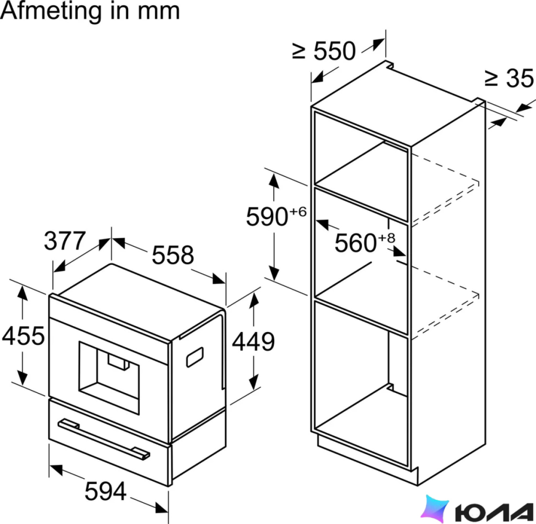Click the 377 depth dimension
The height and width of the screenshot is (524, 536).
click(x=65, y=241)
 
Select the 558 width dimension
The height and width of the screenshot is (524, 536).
click(x=172, y=255)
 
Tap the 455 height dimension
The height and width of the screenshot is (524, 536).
click(x=23, y=336)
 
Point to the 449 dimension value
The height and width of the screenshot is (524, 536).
click(x=253, y=341)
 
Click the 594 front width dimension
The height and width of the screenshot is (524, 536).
click(x=106, y=491)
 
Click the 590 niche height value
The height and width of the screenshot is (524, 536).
click(x=267, y=217)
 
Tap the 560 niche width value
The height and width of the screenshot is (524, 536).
click(x=356, y=243)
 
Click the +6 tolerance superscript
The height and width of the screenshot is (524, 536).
click(x=298, y=212)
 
